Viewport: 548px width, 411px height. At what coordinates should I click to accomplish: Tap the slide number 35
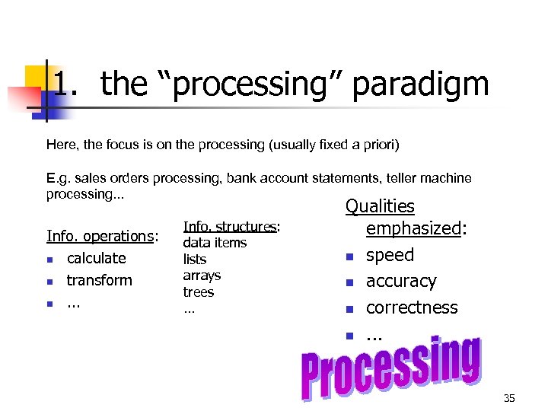(509, 398)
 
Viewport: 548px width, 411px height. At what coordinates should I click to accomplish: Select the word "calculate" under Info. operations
(96, 258)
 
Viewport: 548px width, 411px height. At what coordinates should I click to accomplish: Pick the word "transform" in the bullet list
(99, 280)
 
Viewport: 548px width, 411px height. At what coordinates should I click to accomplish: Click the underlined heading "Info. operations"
(100, 236)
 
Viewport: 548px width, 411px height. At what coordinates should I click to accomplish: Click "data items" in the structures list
(215, 243)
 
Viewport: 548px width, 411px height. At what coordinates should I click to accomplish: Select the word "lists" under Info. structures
(195, 260)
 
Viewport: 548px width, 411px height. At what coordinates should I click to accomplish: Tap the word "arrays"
(202, 276)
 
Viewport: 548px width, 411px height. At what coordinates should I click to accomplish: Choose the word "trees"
(199, 292)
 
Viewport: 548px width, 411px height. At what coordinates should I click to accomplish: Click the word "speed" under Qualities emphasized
(390, 255)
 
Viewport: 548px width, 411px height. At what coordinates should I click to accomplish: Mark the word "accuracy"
(401, 282)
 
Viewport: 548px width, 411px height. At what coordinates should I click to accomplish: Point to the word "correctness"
(412, 307)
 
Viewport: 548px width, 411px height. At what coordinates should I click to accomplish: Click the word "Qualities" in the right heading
(380, 206)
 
